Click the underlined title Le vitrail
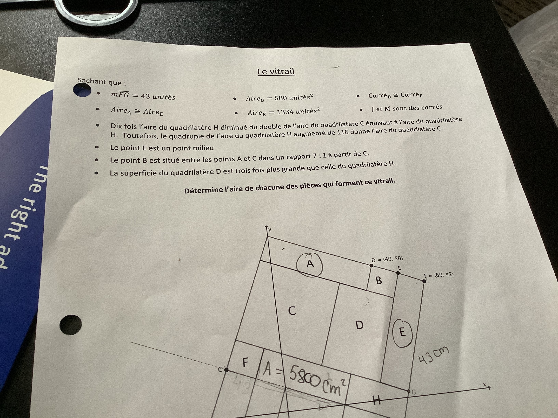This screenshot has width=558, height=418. [276, 72]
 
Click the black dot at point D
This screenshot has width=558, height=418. [371, 265]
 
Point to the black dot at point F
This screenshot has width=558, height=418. [424, 281]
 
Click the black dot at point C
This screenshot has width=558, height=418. [226, 370]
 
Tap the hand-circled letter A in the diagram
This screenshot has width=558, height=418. [310, 264]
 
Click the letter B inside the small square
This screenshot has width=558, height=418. [379, 280]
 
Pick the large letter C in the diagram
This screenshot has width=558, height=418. [292, 311]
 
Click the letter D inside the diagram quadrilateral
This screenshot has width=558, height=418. [359, 325]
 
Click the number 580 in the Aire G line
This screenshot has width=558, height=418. [280, 98]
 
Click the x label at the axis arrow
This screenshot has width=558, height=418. [484, 385]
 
